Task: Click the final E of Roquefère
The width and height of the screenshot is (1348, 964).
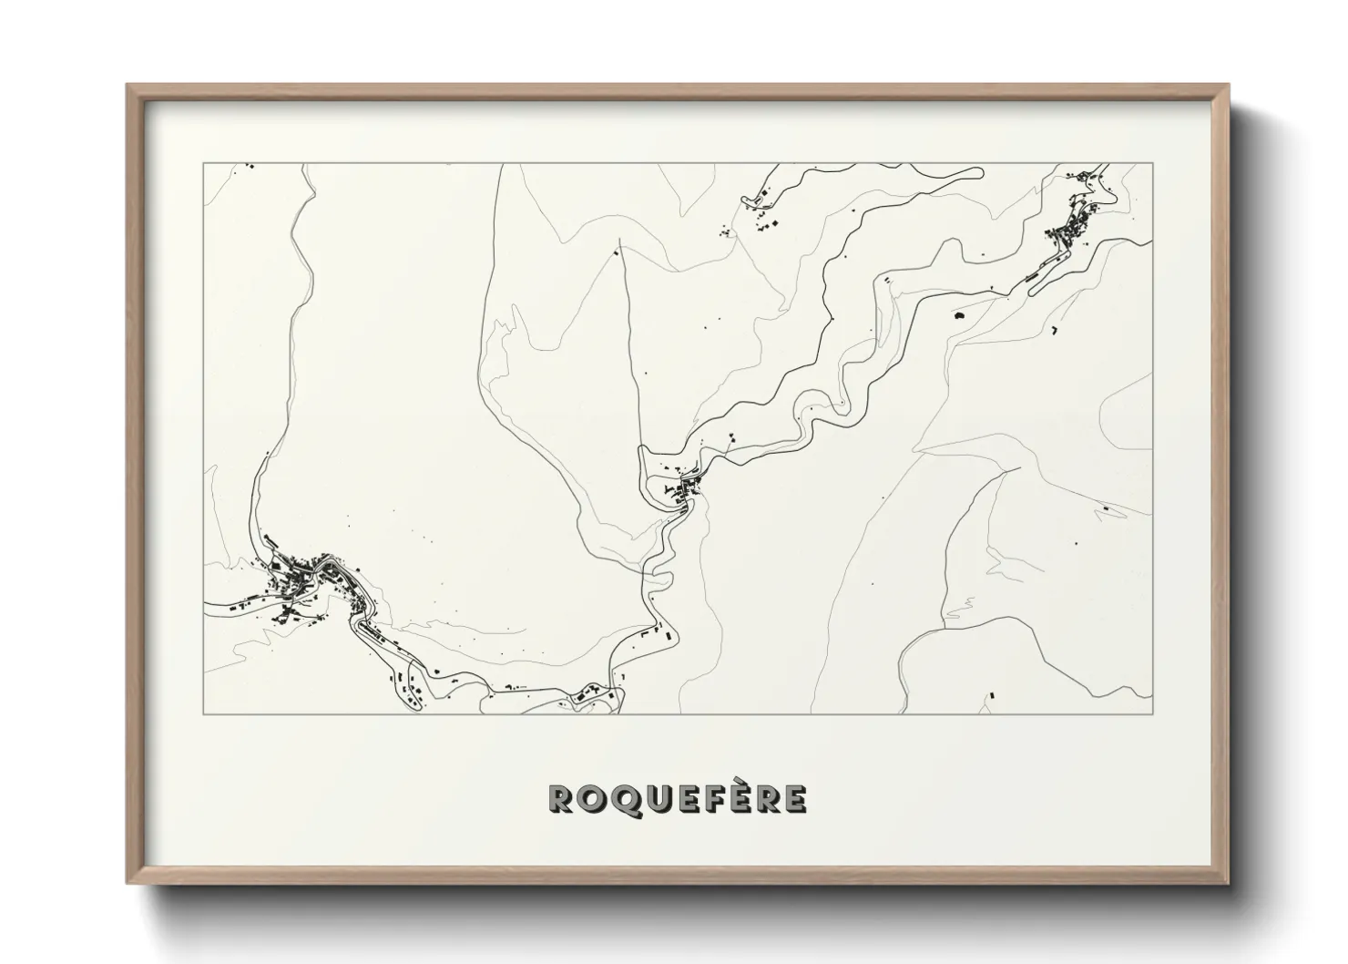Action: coord(794,799)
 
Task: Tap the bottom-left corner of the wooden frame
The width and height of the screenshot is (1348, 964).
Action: coord(128,883)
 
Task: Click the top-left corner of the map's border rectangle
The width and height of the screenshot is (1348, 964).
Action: coord(203,163)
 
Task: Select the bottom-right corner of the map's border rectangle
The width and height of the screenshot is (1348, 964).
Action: coord(1153,713)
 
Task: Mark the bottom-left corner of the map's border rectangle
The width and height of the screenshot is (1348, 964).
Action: coord(203,713)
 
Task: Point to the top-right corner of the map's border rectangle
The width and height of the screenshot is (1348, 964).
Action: coord(1153,163)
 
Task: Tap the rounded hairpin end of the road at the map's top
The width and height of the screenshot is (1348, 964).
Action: coord(980,171)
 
